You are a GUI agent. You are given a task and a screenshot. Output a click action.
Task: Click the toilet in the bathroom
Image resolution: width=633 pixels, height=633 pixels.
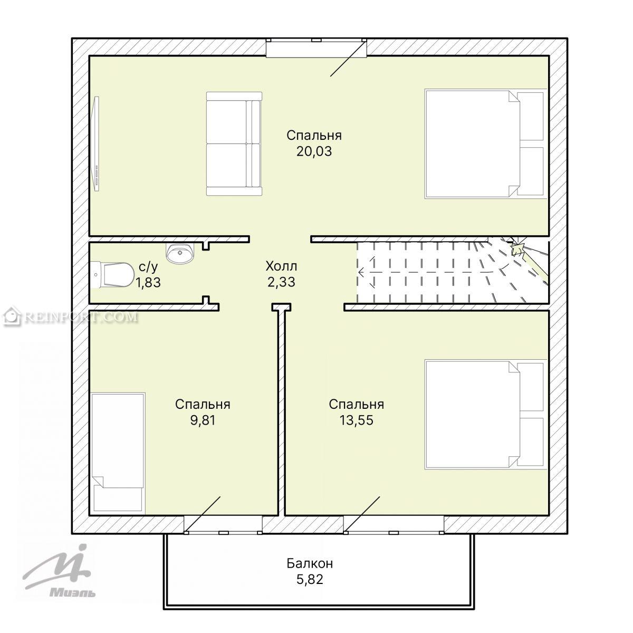pos(112,275)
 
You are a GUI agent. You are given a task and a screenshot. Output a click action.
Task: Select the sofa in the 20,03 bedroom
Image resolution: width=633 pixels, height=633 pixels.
pos(234,144)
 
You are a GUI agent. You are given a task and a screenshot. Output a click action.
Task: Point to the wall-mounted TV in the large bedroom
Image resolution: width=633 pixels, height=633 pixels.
pos(96,143)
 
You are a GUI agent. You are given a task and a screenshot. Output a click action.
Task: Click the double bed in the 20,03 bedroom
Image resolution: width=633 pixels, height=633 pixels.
pos(485,143)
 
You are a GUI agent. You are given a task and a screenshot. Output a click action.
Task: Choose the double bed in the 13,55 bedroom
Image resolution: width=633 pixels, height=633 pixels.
pos(485,414)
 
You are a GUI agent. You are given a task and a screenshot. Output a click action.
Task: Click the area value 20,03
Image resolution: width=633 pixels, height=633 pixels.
pos(314,151)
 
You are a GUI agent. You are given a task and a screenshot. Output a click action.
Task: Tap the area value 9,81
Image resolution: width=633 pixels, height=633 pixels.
pos(203,420)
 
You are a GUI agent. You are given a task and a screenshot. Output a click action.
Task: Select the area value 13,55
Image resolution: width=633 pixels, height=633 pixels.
pos(357,420)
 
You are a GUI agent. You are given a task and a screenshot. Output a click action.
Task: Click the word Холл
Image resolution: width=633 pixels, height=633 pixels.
pos(281,266)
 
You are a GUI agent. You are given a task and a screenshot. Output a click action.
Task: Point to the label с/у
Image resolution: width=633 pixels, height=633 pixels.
pos(148,267)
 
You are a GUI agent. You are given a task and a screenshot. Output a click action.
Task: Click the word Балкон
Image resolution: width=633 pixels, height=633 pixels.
pos(310,563)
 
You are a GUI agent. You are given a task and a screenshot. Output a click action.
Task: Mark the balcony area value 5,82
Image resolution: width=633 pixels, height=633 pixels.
pos(310,579)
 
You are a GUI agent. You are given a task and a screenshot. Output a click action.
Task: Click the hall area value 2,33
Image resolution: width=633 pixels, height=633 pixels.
pos(281,282)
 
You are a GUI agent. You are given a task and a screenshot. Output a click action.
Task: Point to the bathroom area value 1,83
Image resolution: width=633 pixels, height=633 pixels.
pos(148,283)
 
